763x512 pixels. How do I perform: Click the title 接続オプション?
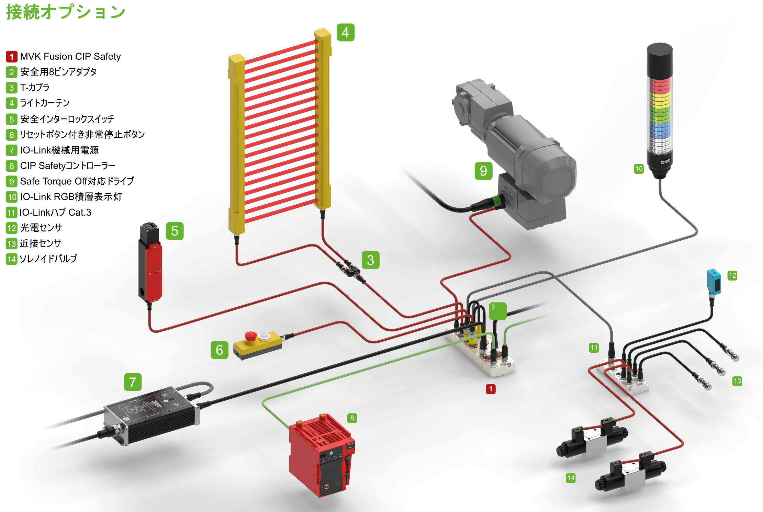click(66, 12)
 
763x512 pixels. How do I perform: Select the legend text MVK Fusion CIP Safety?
click(70, 56)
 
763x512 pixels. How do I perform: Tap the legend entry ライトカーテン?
click(45, 103)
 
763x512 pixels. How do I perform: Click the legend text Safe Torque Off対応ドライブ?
click(77, 181)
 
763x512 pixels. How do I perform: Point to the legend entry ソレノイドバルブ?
click(48, 259)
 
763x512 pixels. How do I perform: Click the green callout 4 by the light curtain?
click(345, 33)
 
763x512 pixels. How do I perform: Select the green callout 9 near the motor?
click(483, 171)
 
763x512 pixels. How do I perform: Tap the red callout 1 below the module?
click(491, 389)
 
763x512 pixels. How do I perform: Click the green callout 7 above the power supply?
click(133, 382)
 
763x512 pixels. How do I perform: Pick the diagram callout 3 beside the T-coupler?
click(370, 260)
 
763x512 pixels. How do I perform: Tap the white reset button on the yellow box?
click(265, 337)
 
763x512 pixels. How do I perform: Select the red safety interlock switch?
click(153, 271)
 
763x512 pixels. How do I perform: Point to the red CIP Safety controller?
click(321, 455)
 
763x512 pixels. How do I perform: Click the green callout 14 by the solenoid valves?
click(571, 478)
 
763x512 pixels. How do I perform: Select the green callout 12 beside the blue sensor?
click(732, 275)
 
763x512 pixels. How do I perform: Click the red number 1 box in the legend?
click(11, 57)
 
